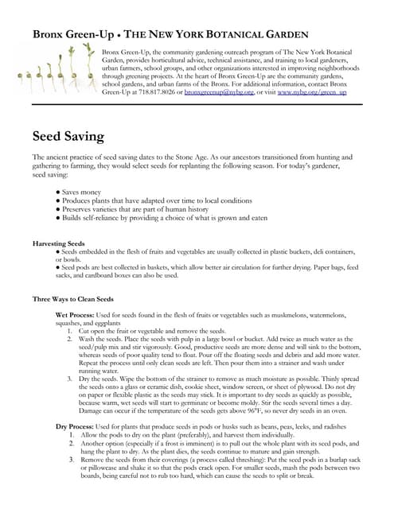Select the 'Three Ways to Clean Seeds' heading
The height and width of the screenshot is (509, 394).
(x=73, y=299)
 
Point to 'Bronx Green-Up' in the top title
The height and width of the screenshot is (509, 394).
(x=77, y=35)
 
